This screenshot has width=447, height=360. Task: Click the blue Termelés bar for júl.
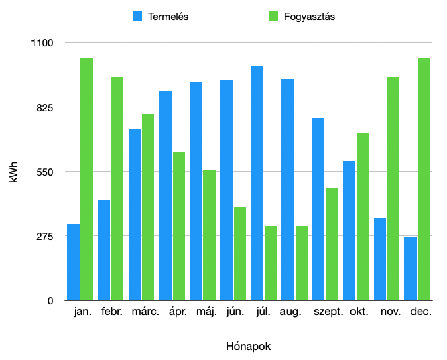point(257,183)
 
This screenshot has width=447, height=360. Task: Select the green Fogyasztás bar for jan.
point(86,179)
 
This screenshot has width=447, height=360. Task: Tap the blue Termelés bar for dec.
point(410,268)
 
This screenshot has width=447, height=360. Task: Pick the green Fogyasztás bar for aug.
point(302,263)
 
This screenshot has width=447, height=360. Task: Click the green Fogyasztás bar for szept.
point(332,244)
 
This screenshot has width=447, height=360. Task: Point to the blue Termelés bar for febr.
point(104,250)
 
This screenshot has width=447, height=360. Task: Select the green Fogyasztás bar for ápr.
point(179,226)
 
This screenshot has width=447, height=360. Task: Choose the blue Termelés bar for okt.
point(349,231)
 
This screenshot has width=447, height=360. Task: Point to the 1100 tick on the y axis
point(42,43)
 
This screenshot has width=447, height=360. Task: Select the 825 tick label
point(44,107)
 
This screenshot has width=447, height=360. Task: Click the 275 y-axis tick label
point(44,236)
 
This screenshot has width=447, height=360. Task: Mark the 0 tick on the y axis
point(50,300)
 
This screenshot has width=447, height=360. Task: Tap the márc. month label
point(145,312)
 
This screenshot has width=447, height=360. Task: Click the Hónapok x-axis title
point(249,347)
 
